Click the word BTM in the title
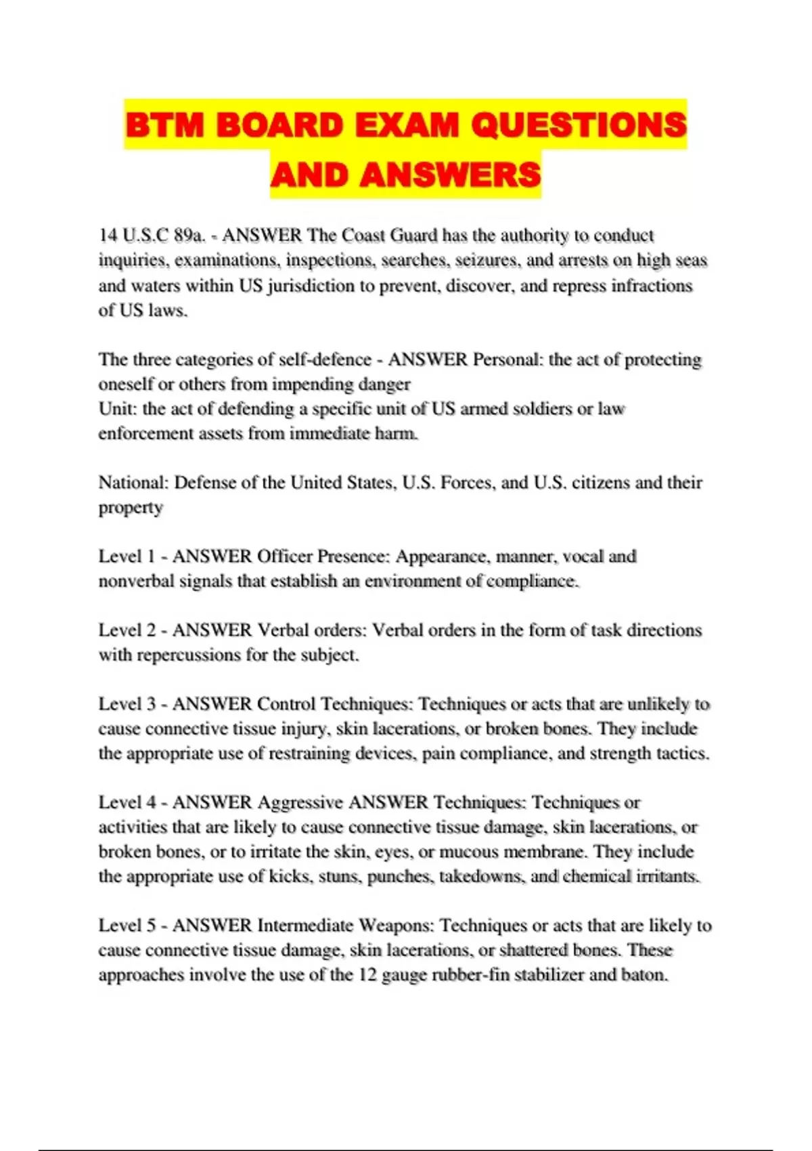(164, 125)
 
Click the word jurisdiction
(309, 286)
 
